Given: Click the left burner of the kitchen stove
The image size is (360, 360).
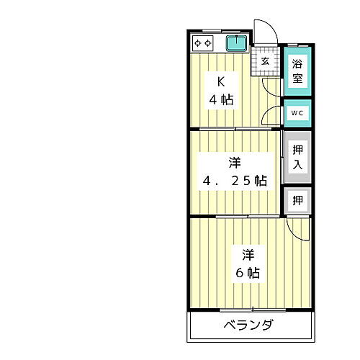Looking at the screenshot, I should pyautogui.click(x=198, y=44).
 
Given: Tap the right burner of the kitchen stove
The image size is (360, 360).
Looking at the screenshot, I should pyautogui.click(x=207, y=44).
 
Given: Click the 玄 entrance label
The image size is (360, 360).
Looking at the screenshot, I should pyautogui.click(x=265, y=61).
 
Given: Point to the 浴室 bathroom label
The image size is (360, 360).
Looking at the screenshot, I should pyautogui.click(x=297, y=71).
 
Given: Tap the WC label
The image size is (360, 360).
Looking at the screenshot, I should pyautogui.click(x=297, y=113).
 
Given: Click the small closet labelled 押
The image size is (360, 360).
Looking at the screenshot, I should pyautogui.click(x=297, y=199).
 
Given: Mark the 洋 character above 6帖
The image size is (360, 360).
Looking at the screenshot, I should pyautogui.click(x=247, y=255).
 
